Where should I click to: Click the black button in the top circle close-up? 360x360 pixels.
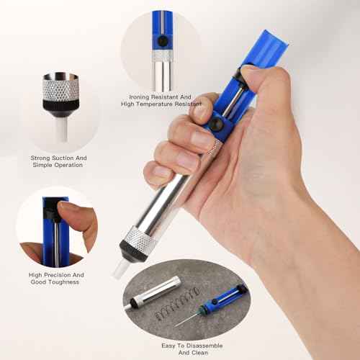164,42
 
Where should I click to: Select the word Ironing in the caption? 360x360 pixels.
141,96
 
